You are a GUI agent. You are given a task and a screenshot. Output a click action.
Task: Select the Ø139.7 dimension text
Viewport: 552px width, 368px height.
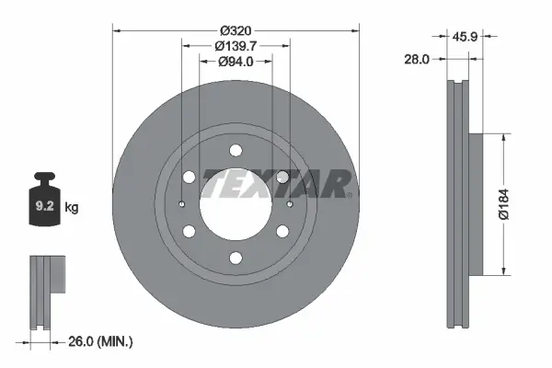coord(235,45)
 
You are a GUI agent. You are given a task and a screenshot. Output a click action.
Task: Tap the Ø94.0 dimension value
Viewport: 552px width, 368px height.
coord(236,62)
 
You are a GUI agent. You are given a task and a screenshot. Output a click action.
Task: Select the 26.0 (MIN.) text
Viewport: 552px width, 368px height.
coord(102,341)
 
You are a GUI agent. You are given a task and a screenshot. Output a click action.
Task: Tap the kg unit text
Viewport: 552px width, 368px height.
coord(72,208)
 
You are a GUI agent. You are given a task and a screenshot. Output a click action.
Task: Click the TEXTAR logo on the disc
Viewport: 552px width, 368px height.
coord(276,183)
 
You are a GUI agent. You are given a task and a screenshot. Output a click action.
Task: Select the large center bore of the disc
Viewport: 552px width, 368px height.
coord(236,203)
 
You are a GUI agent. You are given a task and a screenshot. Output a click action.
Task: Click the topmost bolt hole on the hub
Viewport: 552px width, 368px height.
coord(236,150)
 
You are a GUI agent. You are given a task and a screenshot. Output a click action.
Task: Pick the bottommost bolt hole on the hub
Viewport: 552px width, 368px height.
coord(236,258)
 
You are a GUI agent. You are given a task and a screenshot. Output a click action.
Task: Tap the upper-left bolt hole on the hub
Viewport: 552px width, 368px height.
coord(190,177)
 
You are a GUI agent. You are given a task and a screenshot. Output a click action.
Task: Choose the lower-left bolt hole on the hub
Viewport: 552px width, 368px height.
coord(190,231)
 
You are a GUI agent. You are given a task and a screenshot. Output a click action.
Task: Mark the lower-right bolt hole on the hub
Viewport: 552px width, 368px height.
coord(282,231)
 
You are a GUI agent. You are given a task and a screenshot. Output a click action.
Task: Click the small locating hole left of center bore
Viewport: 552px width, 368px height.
coord(182,204)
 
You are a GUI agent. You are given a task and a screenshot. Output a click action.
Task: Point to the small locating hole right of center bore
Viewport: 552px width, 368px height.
coord(290,204)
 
